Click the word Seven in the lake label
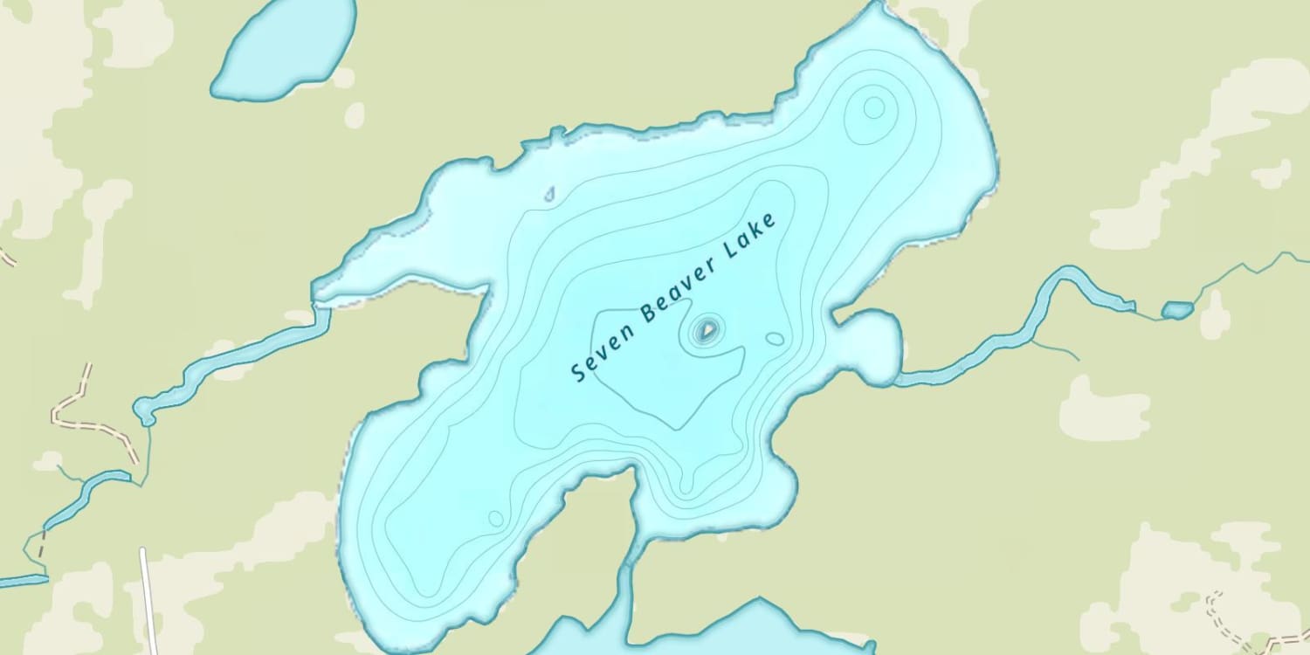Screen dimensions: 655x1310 pyautogui.click(x=595, y=358)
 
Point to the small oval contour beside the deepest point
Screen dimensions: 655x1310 pyautogui.click(x=775, y=338)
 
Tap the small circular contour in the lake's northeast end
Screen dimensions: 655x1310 pyautogui.click(x=874, y=108)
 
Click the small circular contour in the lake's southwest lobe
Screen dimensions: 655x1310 pyautogui.click(x=495, y=518)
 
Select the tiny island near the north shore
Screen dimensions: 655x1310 pyautogui.click(x=549, y=194)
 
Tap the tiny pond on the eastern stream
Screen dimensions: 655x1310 pyautogui.click(x=1176, y=309)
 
